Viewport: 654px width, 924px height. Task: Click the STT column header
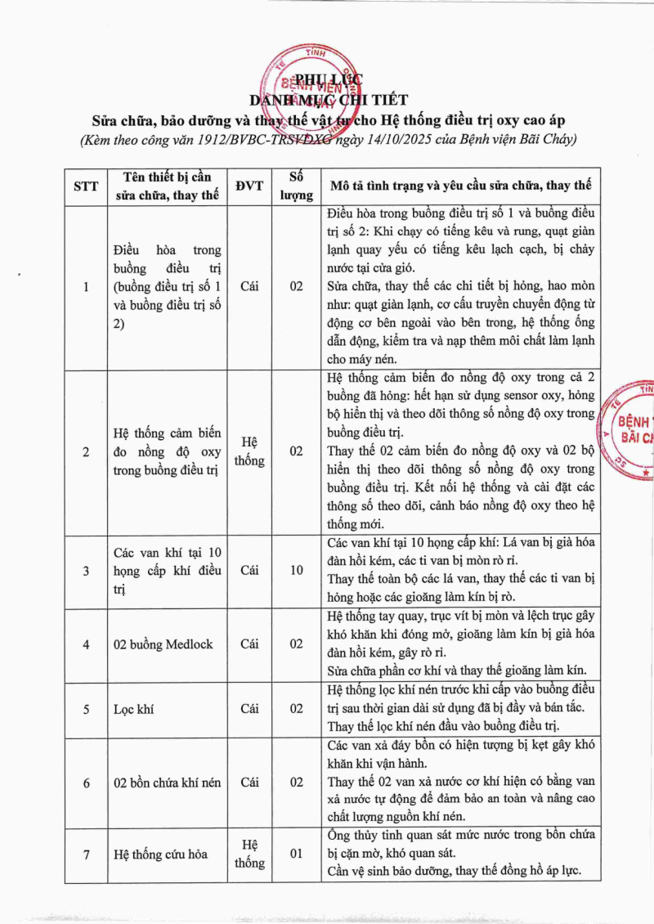click(x=86, y=186)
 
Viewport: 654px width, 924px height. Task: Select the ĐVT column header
click(x=249, y=186)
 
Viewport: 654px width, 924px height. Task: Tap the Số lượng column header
click(x=296, y=186)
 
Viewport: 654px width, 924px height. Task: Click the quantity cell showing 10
click(x=296, y=571)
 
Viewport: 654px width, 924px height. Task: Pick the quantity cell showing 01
click(x=296, y=854)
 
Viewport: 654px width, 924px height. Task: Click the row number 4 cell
click(x=86, y=644)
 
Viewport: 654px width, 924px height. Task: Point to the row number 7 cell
click(x=86, y=854)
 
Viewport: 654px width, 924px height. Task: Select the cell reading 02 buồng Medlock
click(x=163, y=644)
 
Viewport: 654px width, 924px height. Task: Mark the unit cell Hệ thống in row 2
click(x=249, y=451)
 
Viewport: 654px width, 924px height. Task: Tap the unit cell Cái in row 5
click(x=249, y=709)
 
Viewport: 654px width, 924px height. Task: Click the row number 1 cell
click(x=86, y=287)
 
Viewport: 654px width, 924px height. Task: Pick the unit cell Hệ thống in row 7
click(x=249, y=854)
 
